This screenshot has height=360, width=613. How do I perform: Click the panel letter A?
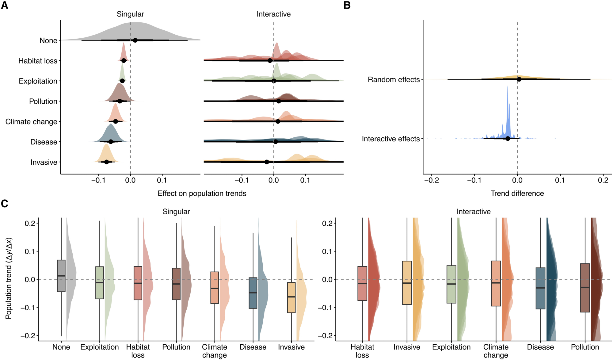(5, 5)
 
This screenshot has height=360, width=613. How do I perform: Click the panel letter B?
(347, 5)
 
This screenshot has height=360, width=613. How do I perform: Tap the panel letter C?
(5, 204)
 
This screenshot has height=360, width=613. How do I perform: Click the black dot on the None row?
(135, 40)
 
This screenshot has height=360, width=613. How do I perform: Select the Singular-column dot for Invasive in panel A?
(106, 162)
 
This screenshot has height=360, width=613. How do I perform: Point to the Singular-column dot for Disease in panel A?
(111, 142)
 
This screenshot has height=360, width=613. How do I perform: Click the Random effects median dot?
(519, 79)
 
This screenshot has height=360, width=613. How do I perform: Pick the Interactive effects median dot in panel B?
(508, 139)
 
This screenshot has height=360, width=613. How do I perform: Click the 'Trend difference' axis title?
(517, 193)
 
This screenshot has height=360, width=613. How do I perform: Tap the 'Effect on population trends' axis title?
(202, 193)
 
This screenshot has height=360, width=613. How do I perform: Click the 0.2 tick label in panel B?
(603, 180)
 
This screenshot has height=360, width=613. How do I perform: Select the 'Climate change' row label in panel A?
(31, 122)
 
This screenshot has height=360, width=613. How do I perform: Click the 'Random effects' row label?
(394, 80)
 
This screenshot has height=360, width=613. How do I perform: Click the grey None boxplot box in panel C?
(61, 276)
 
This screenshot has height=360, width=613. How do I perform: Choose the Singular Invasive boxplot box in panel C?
(291, 297)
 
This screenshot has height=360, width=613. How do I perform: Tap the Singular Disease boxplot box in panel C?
(253, 293)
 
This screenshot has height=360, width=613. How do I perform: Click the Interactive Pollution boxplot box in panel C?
(585, 288)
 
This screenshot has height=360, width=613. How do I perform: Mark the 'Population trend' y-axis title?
(9, 278)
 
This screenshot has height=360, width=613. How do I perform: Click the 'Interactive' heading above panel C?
(473, 212)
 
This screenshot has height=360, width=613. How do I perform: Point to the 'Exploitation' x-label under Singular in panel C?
(99, 347)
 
